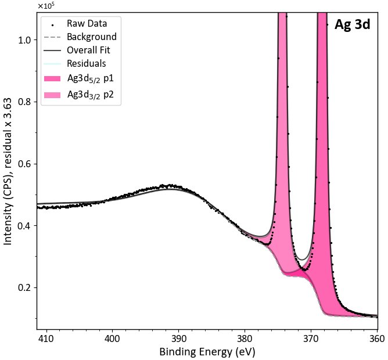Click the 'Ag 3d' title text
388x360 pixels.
pos(352,25)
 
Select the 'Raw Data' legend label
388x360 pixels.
pos(87,23)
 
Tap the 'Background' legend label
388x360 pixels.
pos(92,37)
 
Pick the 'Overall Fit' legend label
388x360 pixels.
pos(88,51)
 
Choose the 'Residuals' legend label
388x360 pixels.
pos(87,64)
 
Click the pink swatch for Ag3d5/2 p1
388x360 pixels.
pos(52,78)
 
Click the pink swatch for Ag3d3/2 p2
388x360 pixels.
pos(52,95)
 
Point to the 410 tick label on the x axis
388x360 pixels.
pos(46,339)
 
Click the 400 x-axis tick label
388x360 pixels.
pos(112,339)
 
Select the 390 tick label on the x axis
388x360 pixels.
pos(178,339)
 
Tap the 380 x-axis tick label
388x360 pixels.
pos(245,339)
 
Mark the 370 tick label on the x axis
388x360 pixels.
pos(311,339)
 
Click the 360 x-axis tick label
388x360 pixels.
pos(377,339)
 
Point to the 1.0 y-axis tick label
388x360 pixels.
pos(24,40)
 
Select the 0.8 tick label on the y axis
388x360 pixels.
pos(24,102)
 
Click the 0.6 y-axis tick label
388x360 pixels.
pos(24,164)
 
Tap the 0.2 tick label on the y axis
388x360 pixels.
pos(24,288)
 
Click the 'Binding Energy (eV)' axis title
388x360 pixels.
pos(207,352)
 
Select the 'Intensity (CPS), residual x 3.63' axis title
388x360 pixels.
pos(8,171)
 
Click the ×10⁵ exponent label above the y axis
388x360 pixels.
pos(45,5)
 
